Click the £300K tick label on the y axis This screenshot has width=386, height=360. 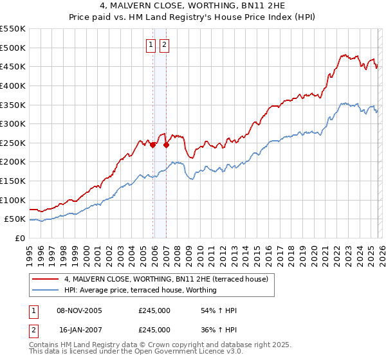(x=13, y=123)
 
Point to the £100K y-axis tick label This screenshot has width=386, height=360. (x=13, y=200)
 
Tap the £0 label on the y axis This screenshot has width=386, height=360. (x=19, y=238)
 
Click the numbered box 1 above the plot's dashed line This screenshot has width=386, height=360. (x=151, y=44)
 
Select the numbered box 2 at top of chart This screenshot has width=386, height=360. (x=164, y=44)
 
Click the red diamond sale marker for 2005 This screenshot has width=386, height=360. (x=152, y=145)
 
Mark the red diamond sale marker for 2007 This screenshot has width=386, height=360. (x=166, y=145)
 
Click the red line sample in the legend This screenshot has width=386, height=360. (x=46, y=279)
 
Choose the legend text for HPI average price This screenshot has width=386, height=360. (x=140, y=290)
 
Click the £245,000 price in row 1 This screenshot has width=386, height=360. (x=154, y=310)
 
